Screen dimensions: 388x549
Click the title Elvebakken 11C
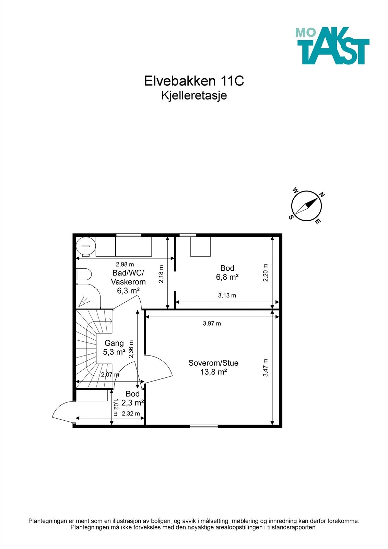[x=194, y=81]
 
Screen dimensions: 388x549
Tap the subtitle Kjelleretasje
[x=194, y=96]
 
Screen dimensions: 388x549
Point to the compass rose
[x=306, y=206]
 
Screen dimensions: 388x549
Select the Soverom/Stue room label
[x=213, y=363]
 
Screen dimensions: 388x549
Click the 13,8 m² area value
[x=213, y=372]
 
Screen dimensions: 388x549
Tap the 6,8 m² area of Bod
[x=227, y=277]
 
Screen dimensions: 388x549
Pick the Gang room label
[x=114, y=343]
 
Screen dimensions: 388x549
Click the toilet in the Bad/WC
[x=84, y=274]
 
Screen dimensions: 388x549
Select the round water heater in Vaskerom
[x=85, y=246]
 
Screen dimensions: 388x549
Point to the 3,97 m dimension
[x=212, y=324]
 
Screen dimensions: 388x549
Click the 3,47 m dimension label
[x=266, y=367]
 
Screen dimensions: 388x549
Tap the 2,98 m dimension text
[x=125, y=265]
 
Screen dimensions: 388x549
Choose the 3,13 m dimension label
[x=227, y=295]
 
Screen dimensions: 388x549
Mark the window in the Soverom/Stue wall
[x=204, y=426]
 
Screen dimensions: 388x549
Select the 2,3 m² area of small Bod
[x=132, y=402]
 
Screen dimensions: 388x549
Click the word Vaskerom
[x=128, y=282]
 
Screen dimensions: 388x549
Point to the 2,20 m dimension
[x=266, y=272]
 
